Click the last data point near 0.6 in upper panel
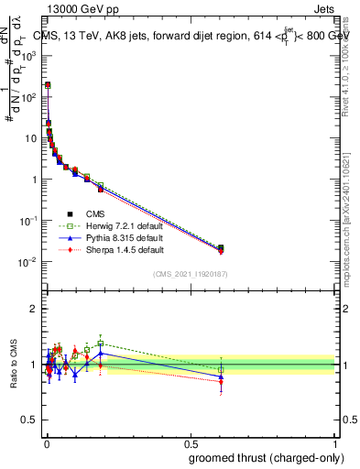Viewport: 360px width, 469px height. pos(220,248)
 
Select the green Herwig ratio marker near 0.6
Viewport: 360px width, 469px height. pos(220,370)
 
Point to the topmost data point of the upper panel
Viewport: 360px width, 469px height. pos(48,84)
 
